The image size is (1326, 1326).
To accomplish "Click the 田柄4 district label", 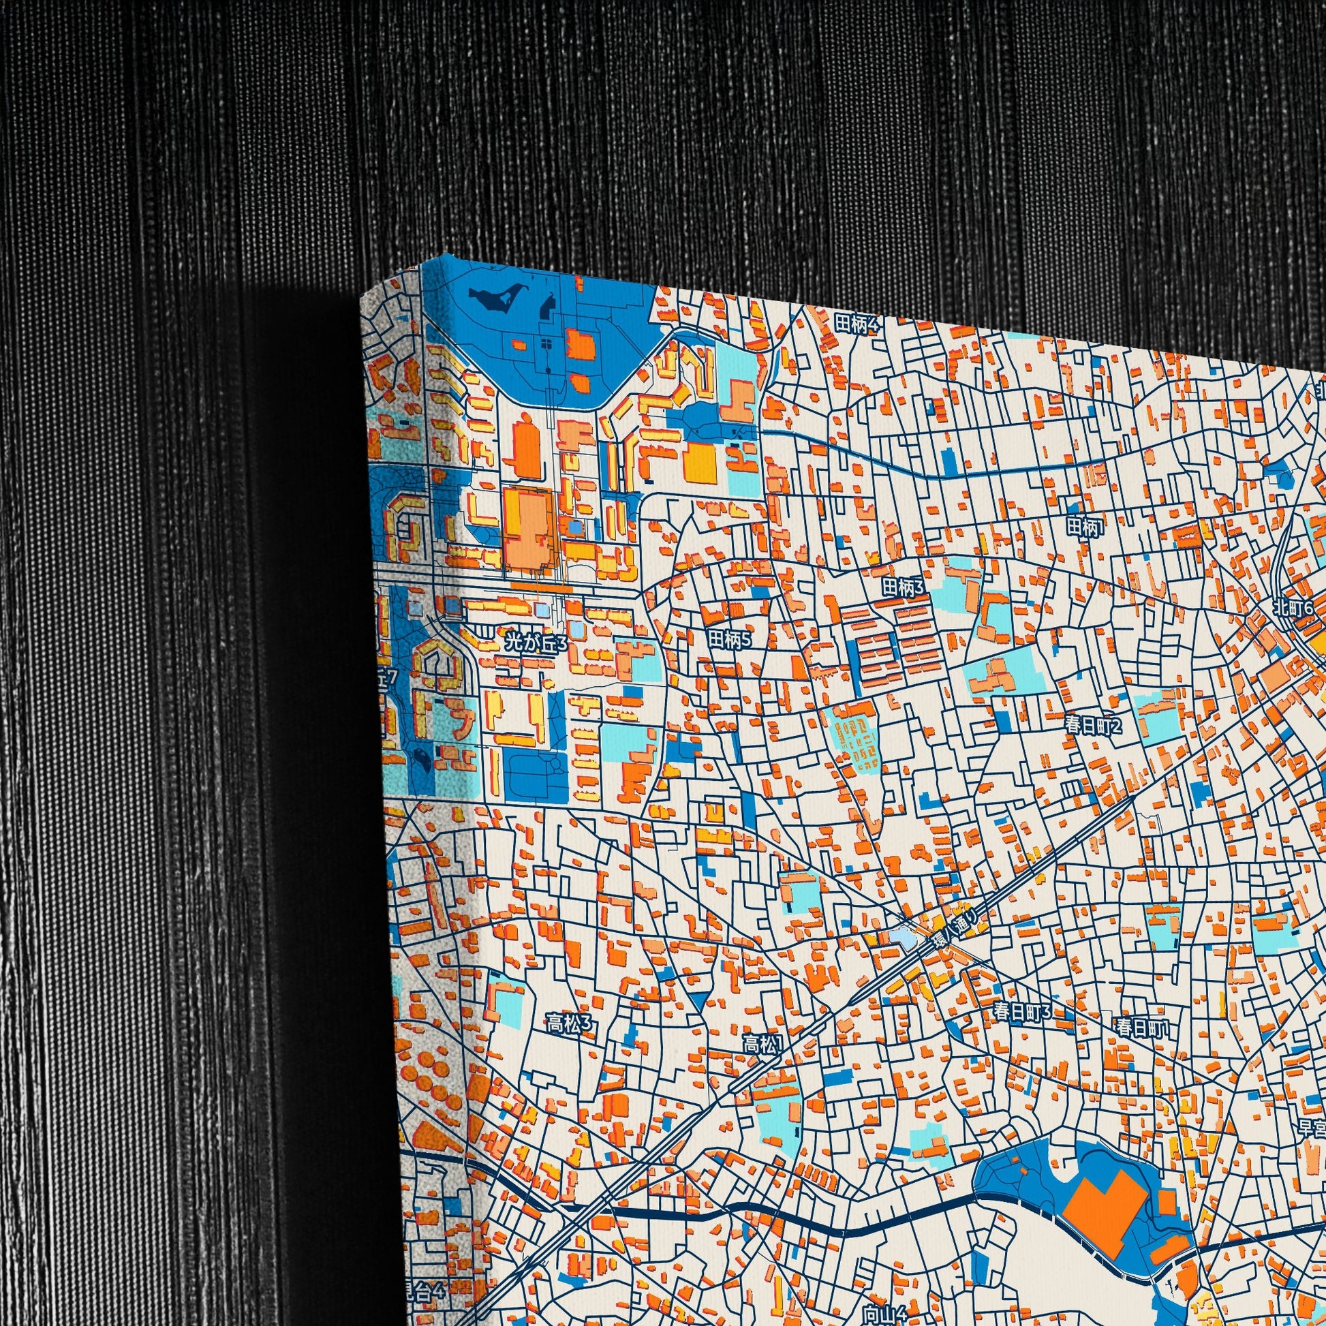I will click(x=857, y=323).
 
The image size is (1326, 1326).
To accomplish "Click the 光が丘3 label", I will click(x=536, y=643).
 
